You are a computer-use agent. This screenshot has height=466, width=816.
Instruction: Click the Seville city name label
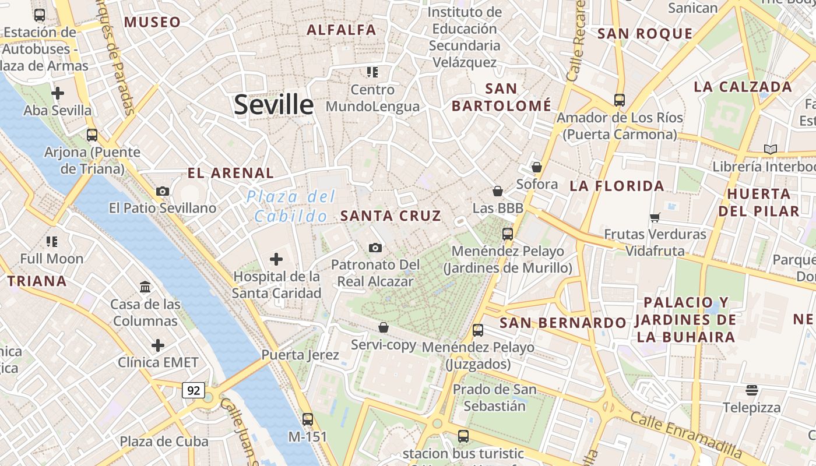tap(273, 105)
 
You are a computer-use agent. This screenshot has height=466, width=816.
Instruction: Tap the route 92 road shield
tap(193, 390)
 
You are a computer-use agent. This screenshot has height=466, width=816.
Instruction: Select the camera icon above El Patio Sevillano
tap(163, 191)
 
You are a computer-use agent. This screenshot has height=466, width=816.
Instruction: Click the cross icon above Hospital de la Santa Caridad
tap(276, 259)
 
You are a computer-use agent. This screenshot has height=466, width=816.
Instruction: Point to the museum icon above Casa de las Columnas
tap(145, 287)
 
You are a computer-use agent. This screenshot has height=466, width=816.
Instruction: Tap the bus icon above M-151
tap(307, 419)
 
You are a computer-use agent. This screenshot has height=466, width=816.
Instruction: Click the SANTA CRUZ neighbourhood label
tap(391, 216)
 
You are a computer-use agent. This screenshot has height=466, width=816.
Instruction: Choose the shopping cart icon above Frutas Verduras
tap(655, 217)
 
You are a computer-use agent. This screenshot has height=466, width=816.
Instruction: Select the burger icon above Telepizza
tap(751, 390)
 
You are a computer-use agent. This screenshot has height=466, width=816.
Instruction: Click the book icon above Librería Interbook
tap(771, 150)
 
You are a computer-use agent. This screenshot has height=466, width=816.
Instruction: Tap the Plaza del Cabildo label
tap(291, 206)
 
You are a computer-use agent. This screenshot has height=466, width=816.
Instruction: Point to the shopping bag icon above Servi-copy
tap(384, 327)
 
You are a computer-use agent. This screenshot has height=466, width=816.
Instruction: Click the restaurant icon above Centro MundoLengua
tap(372, 72)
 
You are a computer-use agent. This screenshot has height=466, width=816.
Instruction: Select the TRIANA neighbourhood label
tap(37, 281)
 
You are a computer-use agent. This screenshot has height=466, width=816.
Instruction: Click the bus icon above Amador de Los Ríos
tap(619, 100)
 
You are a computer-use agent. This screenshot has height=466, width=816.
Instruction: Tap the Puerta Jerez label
tap(300, 355)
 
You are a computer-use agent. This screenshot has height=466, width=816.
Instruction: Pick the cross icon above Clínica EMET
tap(158, 345)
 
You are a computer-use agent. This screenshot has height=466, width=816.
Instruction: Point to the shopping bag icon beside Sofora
tap(537, 167)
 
